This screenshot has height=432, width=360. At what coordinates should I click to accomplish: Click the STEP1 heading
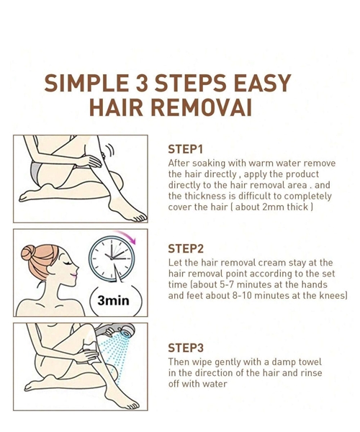(185, 149)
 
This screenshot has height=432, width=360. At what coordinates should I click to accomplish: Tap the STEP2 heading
(186, 248)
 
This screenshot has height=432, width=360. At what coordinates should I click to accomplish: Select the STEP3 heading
(186, 348)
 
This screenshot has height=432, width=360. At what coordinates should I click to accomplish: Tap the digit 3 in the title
(142, 83)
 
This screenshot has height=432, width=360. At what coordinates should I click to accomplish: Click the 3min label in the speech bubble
(113, 300)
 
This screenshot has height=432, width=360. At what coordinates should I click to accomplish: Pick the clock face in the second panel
(112, 258)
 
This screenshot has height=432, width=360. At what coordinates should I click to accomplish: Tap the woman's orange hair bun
(28, 253)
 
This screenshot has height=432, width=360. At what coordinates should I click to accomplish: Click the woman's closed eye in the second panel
(68, 263)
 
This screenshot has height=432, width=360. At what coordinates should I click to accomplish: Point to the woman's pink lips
(73, 275)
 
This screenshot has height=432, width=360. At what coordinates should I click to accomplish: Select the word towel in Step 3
(308, 361)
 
